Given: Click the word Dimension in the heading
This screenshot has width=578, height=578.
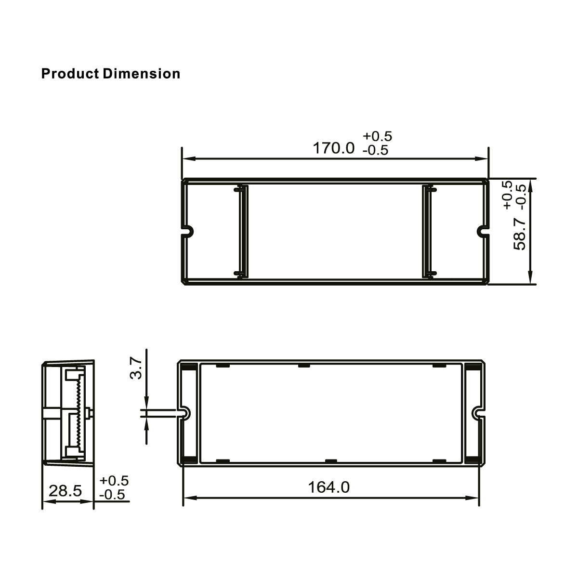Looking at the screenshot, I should [142, 74].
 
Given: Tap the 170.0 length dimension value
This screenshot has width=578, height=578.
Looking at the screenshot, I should [333, 148].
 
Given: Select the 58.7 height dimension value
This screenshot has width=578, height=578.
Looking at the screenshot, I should [520, 233].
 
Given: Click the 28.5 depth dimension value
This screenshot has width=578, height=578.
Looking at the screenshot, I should [66, 491].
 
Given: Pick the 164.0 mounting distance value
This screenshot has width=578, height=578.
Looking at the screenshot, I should [329, 487].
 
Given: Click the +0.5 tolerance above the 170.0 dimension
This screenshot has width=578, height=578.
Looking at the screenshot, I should [377, 136].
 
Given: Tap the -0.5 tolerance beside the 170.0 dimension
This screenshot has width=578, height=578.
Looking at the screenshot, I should [375, 150].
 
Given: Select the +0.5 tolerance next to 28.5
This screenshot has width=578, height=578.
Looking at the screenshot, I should [114, 480].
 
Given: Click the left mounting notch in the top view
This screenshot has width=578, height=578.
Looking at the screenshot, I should [188, 231].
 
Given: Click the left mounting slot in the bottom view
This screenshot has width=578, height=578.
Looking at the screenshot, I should [184, 413].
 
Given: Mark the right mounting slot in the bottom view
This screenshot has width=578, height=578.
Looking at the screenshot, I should [477, 413].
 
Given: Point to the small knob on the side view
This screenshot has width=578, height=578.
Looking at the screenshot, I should [90, 413].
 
